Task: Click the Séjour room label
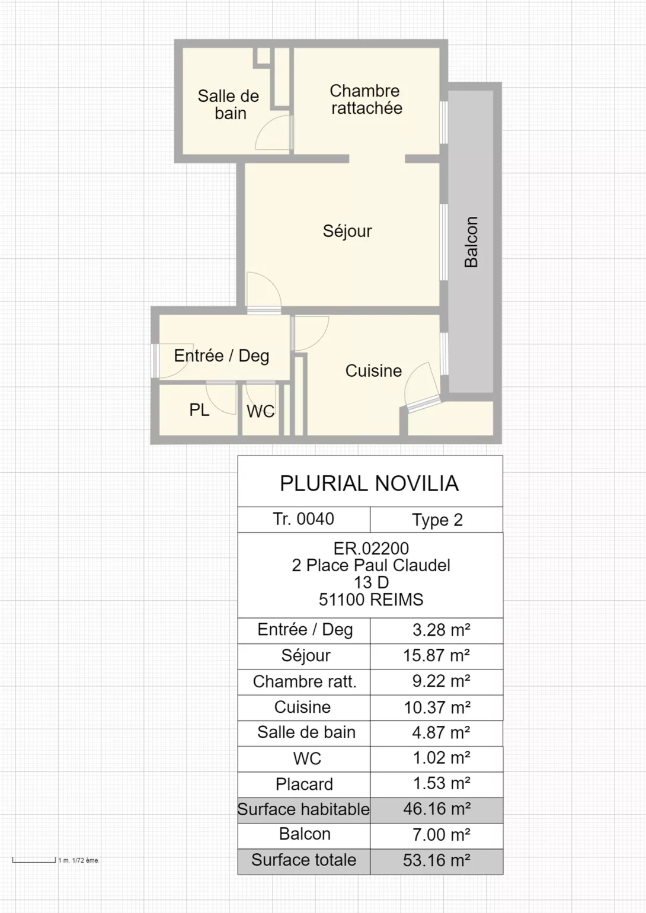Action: [x=347, y=232]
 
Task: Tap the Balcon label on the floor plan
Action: [x=471, y=242]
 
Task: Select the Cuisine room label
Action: [x=373, y=371]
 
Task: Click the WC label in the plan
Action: [x=261, y=412]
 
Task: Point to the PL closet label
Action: [x=199, y=410]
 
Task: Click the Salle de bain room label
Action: [x=228, y=105]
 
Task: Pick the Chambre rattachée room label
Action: [x=366, y=100]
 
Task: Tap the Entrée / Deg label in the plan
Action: [x=222, y=356]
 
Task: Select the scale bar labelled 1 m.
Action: [x=34, y=860]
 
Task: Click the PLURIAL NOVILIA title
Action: [x=369, y=483]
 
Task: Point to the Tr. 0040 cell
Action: [x=303, y=519]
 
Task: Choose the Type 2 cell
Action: [x=437, y=520]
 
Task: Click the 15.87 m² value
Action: [x=436, y=655]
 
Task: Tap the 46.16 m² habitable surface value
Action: [x=437, y=809]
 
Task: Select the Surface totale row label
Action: [x=304, y=860]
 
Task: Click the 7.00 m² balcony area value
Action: [x=442, y=834]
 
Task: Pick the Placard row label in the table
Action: [x=304, y=784]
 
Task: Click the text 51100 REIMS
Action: [x=371, y=600]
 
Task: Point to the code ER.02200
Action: [x=371, y=549]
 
